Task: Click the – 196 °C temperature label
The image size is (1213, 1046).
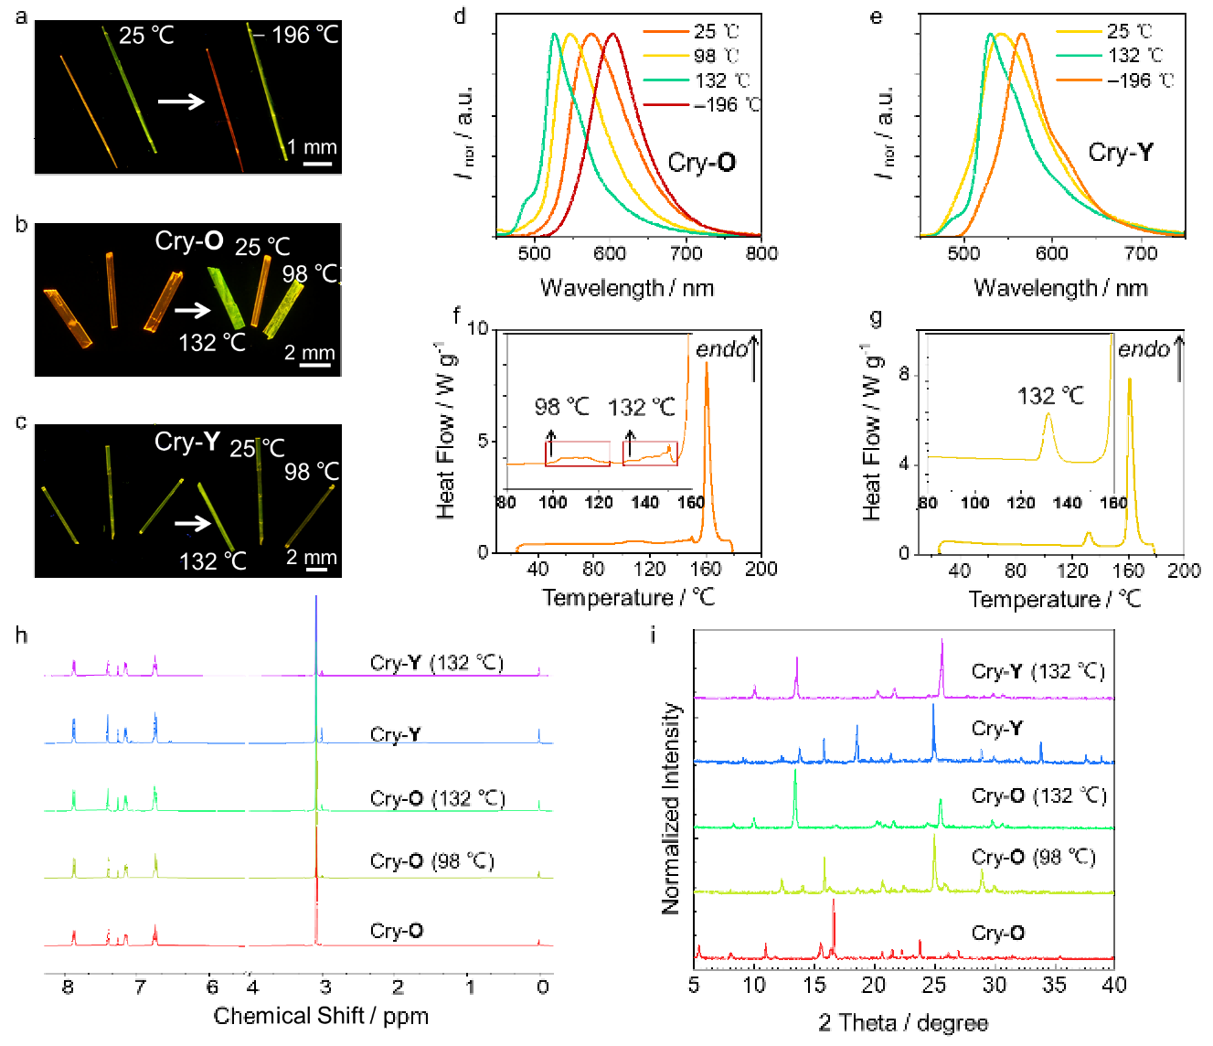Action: click(x=295, y=36)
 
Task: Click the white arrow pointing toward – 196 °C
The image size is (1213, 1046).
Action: click(x=181, y=101)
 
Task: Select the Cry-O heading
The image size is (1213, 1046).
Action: click(x=189, y=240)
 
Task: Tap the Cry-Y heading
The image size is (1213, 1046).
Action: click(x=187, y=442)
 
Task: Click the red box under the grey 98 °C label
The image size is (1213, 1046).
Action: click(x=578, y=454)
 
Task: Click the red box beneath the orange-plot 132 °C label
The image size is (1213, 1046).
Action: click(x=650, y=453)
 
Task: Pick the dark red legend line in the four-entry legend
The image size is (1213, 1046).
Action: click(x=666, y=105)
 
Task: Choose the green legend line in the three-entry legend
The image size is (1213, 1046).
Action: click(x=1080, y=56)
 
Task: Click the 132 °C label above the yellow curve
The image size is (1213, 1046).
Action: click(x=1050, y=396)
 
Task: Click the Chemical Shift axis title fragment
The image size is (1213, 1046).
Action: click(x=321, y=1015)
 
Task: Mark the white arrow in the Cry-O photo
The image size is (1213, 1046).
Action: click(x=192, y=311)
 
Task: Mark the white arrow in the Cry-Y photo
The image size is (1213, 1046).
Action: click(x=192, y=523)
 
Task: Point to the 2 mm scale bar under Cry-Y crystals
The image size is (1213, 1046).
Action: click(x=316, y=570)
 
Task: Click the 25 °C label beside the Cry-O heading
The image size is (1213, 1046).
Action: click(x=262, y=247)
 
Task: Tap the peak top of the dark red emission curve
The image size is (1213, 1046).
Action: click(x=612, y=34)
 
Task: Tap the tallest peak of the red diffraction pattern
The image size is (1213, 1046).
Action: click(x=834, y=901)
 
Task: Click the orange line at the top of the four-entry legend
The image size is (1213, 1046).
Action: click(x=666, y=32)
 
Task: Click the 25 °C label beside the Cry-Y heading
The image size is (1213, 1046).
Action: click(x=257, y=448)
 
